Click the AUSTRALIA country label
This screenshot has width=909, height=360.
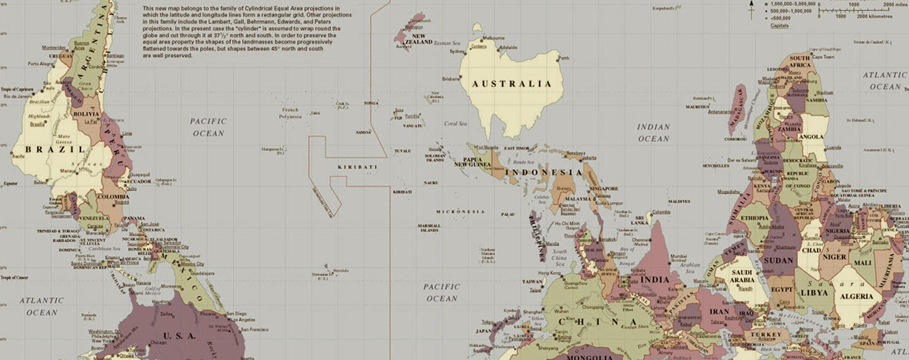click(x=512, y=84)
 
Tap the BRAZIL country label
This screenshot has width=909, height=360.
click(x=55, y=149)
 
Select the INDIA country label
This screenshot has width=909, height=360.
click(x=655, y=279)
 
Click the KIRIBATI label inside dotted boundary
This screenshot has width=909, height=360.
click(x=357, y=167)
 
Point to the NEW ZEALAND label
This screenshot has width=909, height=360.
click(x=419, y=39)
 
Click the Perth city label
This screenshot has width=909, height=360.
click(x=564, y=58)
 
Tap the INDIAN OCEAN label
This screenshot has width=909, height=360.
click(x=653, y=133)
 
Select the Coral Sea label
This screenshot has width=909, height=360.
click(x=455, y=124)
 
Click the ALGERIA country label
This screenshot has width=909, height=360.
click(x=856, y=297)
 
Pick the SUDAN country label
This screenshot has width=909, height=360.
click(x=778, y=261)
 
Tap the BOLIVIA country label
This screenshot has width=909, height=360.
click(x=86, y=114)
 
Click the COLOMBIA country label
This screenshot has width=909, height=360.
click(x=113, y=197)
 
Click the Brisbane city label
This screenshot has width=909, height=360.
click(x=451, y=79)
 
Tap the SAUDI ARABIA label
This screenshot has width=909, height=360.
click(x=742, y=276)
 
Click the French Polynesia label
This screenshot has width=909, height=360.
click(x=290, y=113)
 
